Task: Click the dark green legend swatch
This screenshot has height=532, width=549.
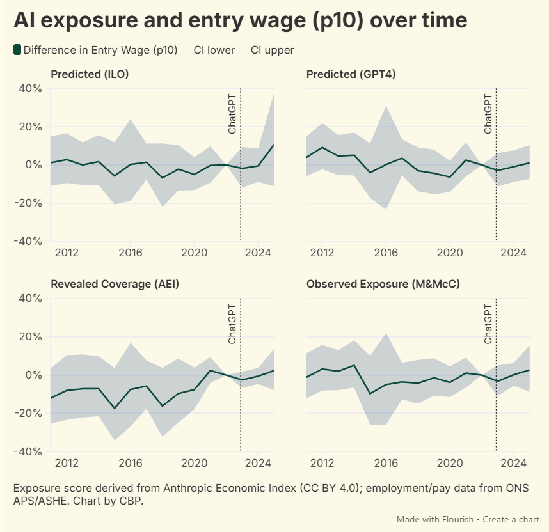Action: (17, 50)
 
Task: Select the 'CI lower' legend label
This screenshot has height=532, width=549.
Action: (214, 50)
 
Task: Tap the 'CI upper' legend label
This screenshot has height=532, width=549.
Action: (272, 50)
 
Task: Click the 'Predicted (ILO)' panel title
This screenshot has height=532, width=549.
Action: (90, 74)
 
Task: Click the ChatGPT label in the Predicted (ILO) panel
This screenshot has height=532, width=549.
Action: (232, 113)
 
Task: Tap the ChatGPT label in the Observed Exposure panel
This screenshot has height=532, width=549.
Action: (488, 323)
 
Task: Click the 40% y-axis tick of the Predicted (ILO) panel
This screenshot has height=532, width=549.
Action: (29, 88)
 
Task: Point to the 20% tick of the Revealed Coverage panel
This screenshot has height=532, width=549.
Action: (29, 336)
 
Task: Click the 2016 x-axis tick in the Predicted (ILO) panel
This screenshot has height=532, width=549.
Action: (131, 253)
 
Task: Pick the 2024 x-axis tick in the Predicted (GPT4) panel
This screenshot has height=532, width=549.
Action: (513, 253)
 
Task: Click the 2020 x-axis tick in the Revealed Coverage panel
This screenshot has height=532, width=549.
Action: (194, 462)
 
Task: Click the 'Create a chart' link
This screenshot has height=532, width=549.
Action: (511, 519)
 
